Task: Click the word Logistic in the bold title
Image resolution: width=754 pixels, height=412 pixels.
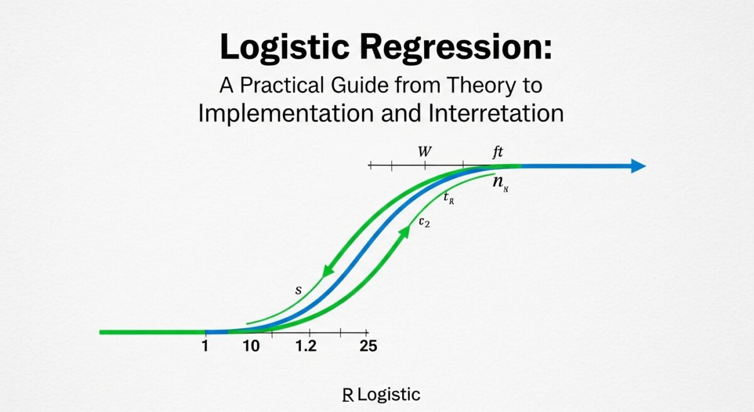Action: pos(285,48)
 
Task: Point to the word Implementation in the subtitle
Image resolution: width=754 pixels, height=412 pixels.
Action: pos(286,113)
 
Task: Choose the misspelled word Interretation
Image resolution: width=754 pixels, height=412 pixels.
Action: pos(496,113)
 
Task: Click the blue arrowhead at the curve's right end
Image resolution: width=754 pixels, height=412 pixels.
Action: pos(638,165)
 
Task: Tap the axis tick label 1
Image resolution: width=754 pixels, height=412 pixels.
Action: pos(205,346)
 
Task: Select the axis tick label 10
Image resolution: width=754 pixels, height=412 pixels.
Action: pos(251,346)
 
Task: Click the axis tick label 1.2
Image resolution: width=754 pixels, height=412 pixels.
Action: pos(306,346)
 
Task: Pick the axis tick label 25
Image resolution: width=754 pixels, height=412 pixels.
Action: pos(368,346)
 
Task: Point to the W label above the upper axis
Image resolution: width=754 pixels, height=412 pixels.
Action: pos(425,152)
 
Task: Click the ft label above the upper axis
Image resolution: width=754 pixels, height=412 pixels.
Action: pos(498,152)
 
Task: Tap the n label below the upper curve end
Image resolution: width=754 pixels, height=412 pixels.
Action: pos(500,183)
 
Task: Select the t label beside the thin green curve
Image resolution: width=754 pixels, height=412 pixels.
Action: pos(449,198)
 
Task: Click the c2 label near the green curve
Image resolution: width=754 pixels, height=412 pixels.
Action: pos(424,222)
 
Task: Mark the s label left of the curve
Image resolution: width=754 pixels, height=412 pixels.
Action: pos(298,290)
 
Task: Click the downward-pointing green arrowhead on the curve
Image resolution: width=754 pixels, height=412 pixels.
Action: pos(328,271)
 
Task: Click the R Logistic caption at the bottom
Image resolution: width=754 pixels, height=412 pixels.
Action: pos(381,395)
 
